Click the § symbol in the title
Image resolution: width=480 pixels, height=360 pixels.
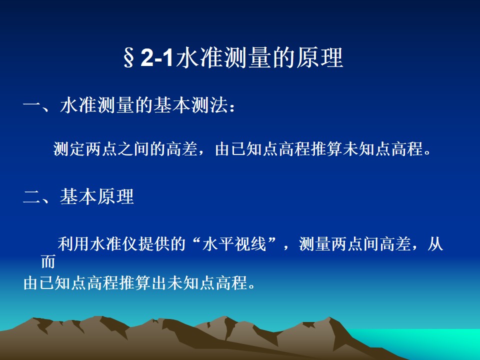click(128, 58)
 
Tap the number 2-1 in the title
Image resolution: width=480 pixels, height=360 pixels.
click(156, 58)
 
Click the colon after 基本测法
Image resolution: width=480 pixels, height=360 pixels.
click(232, 107)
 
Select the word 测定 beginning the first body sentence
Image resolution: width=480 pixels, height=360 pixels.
click(69, 149)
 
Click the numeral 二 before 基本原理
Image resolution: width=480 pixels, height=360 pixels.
click(32, 197)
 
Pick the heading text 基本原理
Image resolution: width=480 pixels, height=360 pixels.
click(97, 196)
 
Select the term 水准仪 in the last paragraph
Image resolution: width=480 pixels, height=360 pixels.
click(113, 244)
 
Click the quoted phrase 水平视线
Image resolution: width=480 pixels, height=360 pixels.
click(234, 244)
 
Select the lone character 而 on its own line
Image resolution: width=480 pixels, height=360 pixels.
click(48, 261)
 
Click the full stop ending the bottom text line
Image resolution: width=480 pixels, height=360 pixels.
click(251, 287)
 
